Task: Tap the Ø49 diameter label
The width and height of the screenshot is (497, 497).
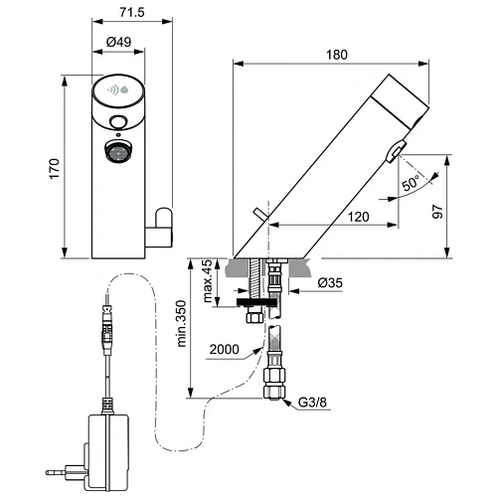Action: coord(121,42)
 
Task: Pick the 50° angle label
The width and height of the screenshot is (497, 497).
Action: coord(411,184)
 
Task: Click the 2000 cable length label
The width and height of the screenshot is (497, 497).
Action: coord(225,350)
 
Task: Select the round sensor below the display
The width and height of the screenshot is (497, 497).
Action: coord(119,123)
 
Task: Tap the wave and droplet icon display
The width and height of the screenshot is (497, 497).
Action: coord(119,92)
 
